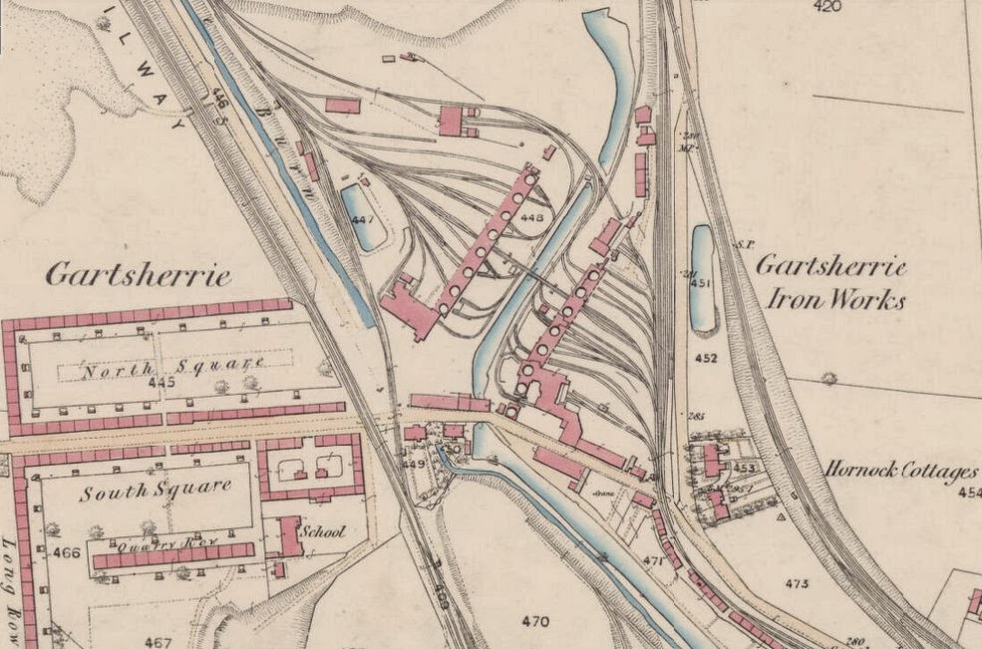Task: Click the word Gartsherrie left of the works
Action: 138,275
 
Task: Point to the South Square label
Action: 157,491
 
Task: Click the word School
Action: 325,531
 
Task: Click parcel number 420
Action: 826,7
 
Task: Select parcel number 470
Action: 535,622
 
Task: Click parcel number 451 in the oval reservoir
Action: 702,283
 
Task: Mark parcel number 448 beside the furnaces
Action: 532,217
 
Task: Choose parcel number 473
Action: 797,583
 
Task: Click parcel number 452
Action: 706,358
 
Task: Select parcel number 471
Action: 653,561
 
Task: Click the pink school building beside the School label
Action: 290,535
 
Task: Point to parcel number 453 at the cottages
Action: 744,467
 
